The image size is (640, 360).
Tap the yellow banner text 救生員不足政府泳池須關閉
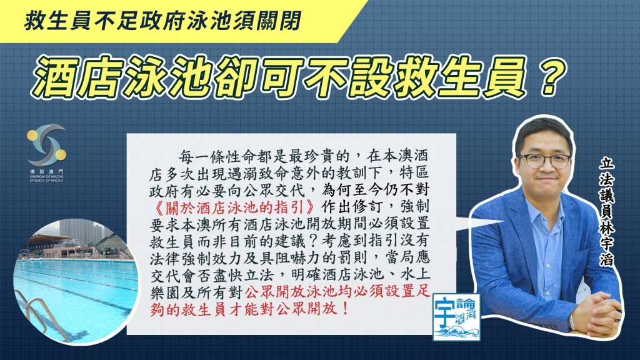163,21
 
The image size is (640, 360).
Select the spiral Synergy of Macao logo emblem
46,145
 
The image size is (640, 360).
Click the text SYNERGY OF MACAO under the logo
46,180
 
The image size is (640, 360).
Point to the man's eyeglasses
544,161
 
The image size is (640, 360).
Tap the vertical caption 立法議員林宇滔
606,212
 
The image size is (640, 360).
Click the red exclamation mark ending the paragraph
345,308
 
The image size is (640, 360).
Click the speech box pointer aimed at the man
478,223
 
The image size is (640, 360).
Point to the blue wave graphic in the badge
456,331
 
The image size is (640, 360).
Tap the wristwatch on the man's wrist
572,322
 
